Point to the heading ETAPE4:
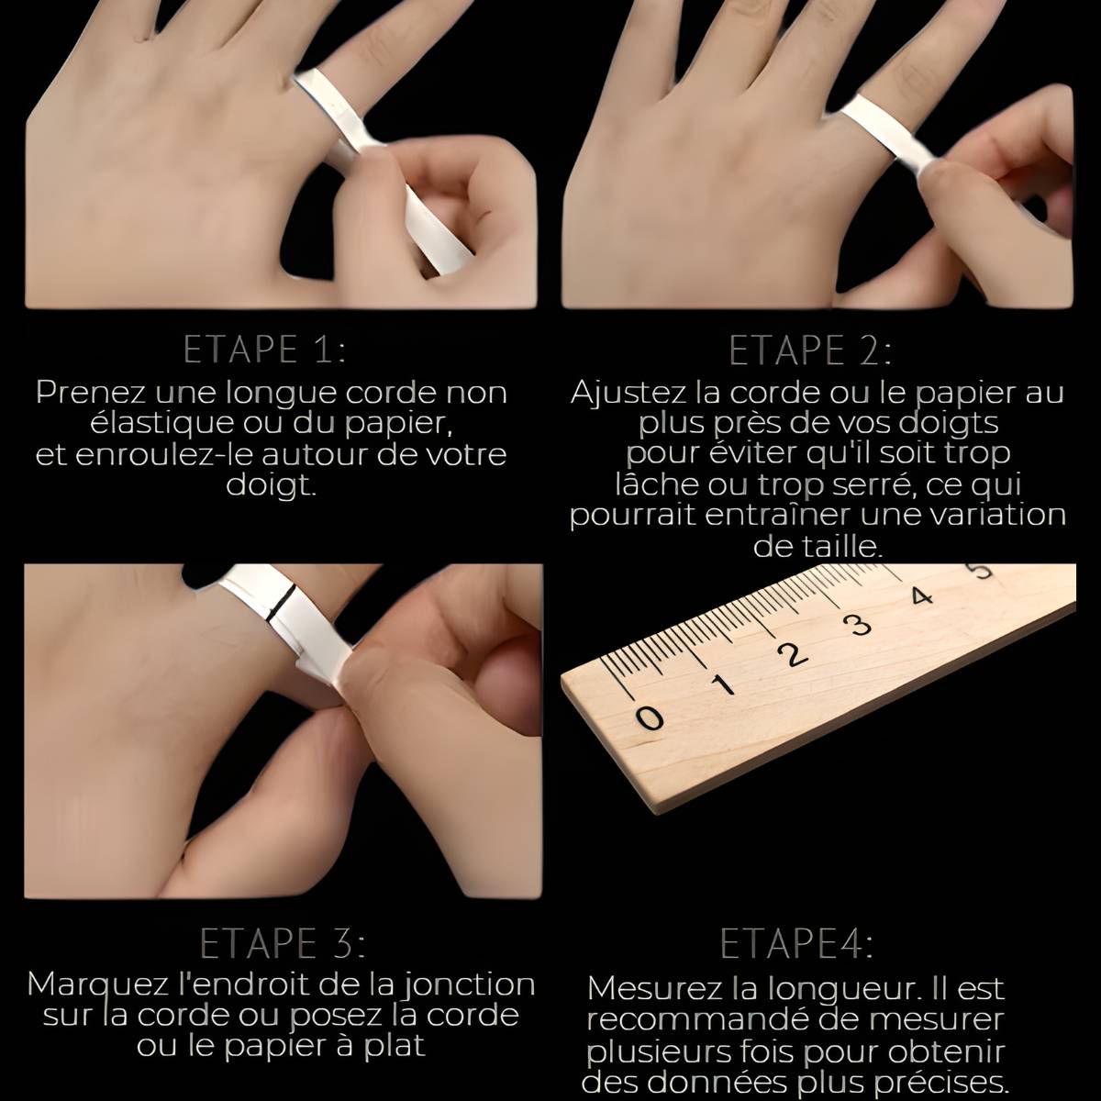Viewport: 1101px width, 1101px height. [x=796, y=943]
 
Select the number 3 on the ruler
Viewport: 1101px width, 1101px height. [x=861, y=624]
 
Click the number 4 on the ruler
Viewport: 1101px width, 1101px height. [x=921, y=596]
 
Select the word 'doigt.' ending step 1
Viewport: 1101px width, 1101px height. [x=271, y=486]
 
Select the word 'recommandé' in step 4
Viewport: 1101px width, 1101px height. [x=700, y=1021]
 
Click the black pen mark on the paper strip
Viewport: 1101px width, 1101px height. [x=282, y=602]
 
